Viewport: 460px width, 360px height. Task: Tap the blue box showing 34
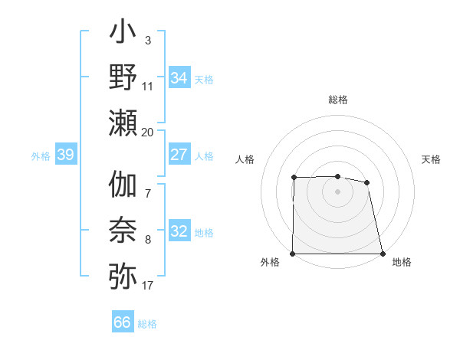coord(179,78)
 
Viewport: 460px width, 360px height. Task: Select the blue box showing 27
coord(179,155)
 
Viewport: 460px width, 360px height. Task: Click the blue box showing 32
coord(179,231)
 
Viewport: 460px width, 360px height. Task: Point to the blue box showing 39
coord(65,155)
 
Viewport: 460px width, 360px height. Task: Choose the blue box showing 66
coord(123,322)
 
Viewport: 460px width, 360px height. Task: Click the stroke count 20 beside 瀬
coord(148,132)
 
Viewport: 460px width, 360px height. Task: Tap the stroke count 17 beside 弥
coord(148,286)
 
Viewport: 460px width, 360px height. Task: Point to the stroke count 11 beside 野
coord(148,87)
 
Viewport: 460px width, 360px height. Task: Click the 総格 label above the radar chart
coord(338,100)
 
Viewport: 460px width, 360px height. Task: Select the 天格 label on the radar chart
coord(432,159)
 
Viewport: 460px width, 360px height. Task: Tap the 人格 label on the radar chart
coord(245,159)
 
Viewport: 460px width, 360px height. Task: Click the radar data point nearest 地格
coord(383,254)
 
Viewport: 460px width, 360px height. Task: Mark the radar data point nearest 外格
coord(293,254)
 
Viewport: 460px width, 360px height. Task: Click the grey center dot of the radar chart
coord(338,191)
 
